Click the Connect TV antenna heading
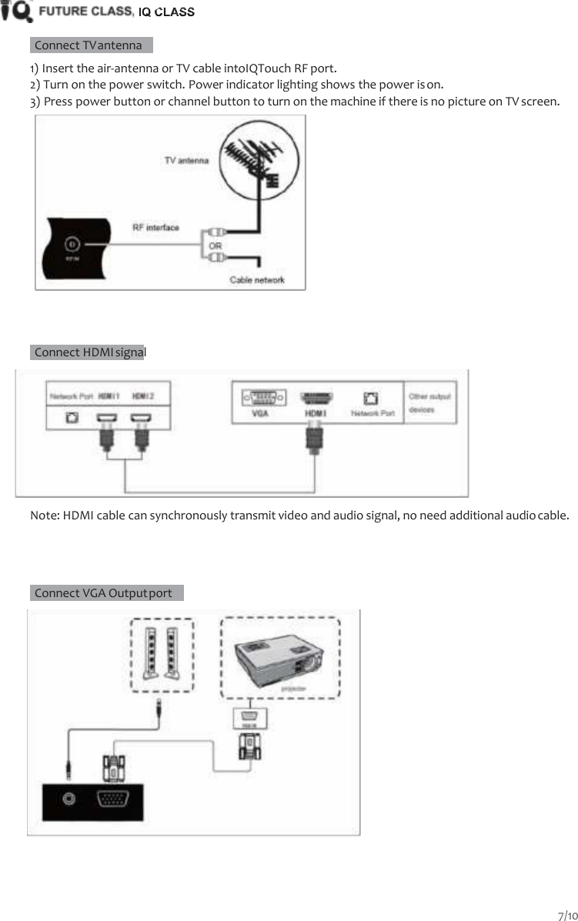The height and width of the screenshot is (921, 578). (x=88, y=45)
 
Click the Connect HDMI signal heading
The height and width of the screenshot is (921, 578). (x=89, y=352)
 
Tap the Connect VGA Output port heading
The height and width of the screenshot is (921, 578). (x=103, y=593)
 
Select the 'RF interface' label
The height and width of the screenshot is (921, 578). (x=156, y=227)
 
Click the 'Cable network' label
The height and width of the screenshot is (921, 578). (x=256, y=279)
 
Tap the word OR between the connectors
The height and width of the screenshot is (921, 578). (x=216, y=244)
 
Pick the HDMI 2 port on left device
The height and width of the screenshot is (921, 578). (x=140, y=419)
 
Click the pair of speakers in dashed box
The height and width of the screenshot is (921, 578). (x=161, y=653)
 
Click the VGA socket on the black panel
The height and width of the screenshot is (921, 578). (x=112, y=799)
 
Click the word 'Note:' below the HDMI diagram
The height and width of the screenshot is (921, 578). (x=44, y=515)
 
